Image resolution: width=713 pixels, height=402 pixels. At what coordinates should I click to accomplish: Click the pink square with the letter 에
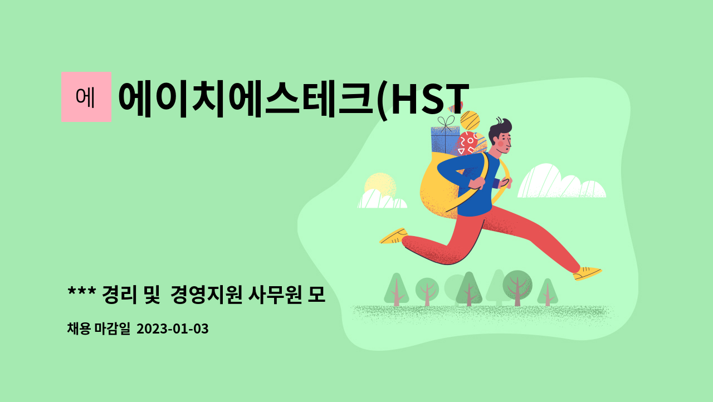pyautogui.click(x=86, y=97)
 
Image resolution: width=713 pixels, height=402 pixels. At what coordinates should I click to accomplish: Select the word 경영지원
pyautogui.click(x=206, y=293)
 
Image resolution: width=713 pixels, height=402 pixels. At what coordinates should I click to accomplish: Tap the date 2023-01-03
pyautogui.click(x=172, y=329)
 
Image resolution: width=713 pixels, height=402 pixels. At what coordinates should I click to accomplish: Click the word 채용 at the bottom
pyautogui.click(x=79, y=329)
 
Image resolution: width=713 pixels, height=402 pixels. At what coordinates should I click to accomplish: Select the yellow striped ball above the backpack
pyautogui.click(x=470, y=120)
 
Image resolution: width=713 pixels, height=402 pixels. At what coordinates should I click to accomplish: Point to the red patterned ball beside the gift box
pyautogui.click(x=467, y=144)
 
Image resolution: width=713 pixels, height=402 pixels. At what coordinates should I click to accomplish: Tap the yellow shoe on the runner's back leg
pyautogui.click(x=393, y=236)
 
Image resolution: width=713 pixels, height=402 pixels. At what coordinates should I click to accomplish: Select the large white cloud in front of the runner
pyautogui.click(x=560, y=183)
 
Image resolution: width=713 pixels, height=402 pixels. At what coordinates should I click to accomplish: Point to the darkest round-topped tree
pyautogui.click(x=517, y=283)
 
